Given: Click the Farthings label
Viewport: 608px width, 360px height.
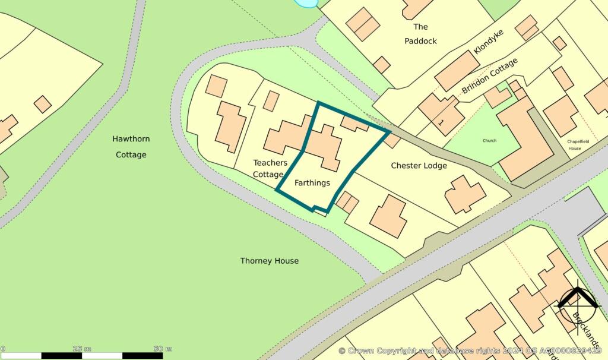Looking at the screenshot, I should tap(312, 182).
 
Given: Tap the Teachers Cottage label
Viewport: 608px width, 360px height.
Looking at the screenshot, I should tap(270, 169).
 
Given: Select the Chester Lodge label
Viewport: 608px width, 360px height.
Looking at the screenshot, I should tap(419, 165).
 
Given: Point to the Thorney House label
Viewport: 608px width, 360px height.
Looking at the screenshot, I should tap(270, 261).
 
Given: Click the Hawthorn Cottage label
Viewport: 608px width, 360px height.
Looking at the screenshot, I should tap(131, 147).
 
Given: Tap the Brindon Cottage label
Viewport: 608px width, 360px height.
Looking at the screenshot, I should tap(490, 75).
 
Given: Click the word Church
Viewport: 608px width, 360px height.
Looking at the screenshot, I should tap(489, 141).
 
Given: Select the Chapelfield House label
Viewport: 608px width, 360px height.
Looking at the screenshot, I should tap(574, 144).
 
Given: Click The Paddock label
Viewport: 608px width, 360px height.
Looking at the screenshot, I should tap(420, 34).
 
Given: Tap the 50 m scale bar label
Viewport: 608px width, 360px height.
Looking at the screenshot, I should tap(162, 348).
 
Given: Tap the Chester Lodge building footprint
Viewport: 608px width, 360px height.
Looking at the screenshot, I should tap(465, 194).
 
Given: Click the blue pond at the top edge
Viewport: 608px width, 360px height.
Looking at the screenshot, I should tap(306, 4).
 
